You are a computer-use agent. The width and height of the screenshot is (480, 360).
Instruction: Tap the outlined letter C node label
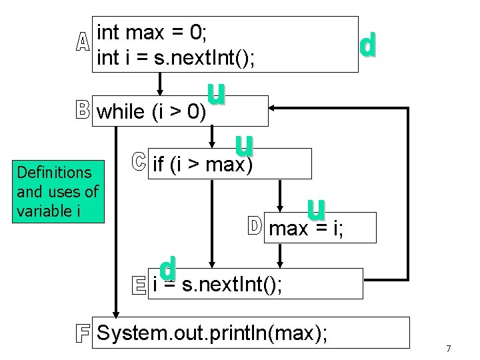point(137,162)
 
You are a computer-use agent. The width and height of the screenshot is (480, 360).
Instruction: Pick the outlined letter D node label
point(255,227)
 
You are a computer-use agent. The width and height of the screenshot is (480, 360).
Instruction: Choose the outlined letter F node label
point(83,333)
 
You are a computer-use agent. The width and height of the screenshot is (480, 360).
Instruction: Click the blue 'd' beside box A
point(367,45)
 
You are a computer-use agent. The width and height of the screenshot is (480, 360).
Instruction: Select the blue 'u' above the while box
point(215,94)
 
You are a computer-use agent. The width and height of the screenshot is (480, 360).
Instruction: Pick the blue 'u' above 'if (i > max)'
point(244,146)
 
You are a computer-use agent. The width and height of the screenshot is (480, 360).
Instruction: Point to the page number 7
point(449,349)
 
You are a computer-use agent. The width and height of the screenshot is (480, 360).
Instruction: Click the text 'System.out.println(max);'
point(212,332)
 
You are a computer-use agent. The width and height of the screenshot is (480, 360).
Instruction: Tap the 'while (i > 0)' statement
point(151,112)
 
